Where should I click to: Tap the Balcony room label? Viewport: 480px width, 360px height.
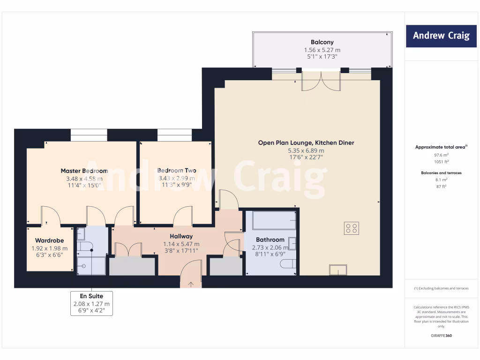point(322,42)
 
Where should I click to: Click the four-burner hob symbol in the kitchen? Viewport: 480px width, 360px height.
point(352,228)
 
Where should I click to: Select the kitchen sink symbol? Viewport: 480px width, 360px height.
point(337,270)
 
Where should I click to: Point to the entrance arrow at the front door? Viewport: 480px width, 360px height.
point(191,283)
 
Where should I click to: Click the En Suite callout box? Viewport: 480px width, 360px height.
point(92,303)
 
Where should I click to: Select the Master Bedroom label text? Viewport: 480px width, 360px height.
point(84,171)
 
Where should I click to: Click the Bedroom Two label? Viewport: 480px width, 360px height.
point(177,171)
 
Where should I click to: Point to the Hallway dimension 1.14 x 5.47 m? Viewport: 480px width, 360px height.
point(181,244)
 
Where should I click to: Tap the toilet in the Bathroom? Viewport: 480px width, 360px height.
point(288,264)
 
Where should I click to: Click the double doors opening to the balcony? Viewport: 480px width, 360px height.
point(321,81)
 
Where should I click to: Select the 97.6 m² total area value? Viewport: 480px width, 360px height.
point(441,155)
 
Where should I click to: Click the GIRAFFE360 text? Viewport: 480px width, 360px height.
point(441,336)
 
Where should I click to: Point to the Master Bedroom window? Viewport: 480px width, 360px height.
point(89,135)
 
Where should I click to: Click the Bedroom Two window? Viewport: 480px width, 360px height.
point(174,135)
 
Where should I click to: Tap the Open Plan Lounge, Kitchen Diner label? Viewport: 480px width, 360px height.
point(306,142)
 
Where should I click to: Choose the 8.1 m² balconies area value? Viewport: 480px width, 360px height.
point(441,180)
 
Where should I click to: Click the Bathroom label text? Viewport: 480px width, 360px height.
point(270,240)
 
